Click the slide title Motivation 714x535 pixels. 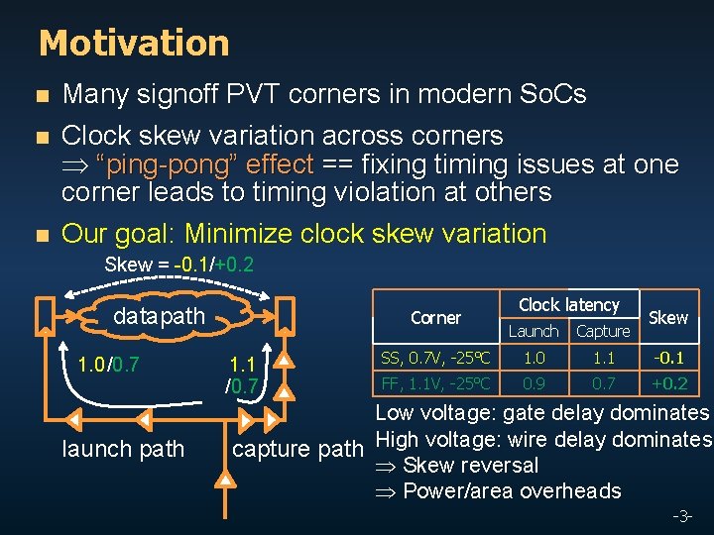coord(134,44)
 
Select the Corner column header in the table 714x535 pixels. coord(435,318)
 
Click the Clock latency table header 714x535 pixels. coord(568,305)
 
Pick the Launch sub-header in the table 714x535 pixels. coord(534,331)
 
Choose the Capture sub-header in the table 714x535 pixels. coord(603,331)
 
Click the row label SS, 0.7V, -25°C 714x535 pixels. coord(435,358)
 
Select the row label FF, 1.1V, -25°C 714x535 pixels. coord(435,382)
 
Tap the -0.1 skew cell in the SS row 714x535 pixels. coord(667,358)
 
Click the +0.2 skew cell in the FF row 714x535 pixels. coord(667,382)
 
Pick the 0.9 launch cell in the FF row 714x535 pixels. coord(534,382)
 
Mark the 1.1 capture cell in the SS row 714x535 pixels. coord(603,358)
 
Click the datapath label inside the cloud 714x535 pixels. coord(159,316)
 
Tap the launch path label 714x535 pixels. coord(123,449)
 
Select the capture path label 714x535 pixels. coord(297,449)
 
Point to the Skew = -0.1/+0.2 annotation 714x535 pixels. coord(178,266)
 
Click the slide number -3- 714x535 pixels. coord(682,517)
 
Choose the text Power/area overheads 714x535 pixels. coord(511,490)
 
